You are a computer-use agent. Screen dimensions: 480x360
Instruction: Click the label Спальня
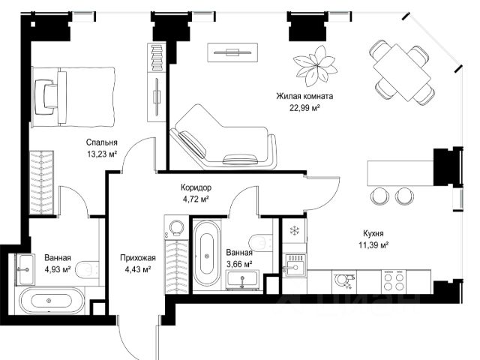pos(102,142)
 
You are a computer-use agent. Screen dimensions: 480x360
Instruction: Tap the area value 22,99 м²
pos(305,108)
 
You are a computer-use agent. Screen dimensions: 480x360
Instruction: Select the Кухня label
pos(373,233)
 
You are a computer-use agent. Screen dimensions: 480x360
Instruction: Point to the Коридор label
pos(196,187)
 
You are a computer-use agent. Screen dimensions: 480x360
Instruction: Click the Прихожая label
pos(138,258)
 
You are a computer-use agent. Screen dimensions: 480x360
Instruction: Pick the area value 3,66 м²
pos(239,264)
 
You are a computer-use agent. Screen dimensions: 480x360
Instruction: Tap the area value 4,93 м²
pos(58,269)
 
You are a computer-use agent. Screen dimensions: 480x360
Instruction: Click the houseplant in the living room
pos(315,66)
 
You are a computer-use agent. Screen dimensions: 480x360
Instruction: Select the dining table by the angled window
pos(402,73)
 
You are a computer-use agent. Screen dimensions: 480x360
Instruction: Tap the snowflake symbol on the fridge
pos(294,230)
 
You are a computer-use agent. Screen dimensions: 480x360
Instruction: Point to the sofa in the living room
pos(223,137)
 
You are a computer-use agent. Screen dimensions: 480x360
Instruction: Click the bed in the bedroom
pos(73,97)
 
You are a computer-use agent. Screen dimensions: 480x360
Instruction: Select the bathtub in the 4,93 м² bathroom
pos(52,301)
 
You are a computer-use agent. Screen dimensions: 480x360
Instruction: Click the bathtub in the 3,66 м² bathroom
pos(207,256)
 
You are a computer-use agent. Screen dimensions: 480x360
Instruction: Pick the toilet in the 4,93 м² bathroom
pos(87,270)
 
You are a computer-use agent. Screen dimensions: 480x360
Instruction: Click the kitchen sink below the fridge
pos(293,265)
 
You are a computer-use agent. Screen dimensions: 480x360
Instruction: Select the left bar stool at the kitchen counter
pos(379,196)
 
